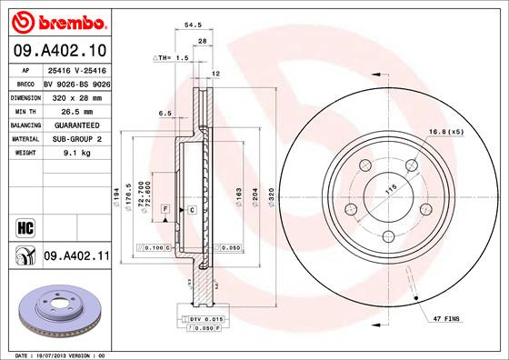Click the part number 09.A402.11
click(x=76, y=258)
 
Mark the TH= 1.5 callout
click(x=173, y=57)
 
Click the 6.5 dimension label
click(x=165, y=114)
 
